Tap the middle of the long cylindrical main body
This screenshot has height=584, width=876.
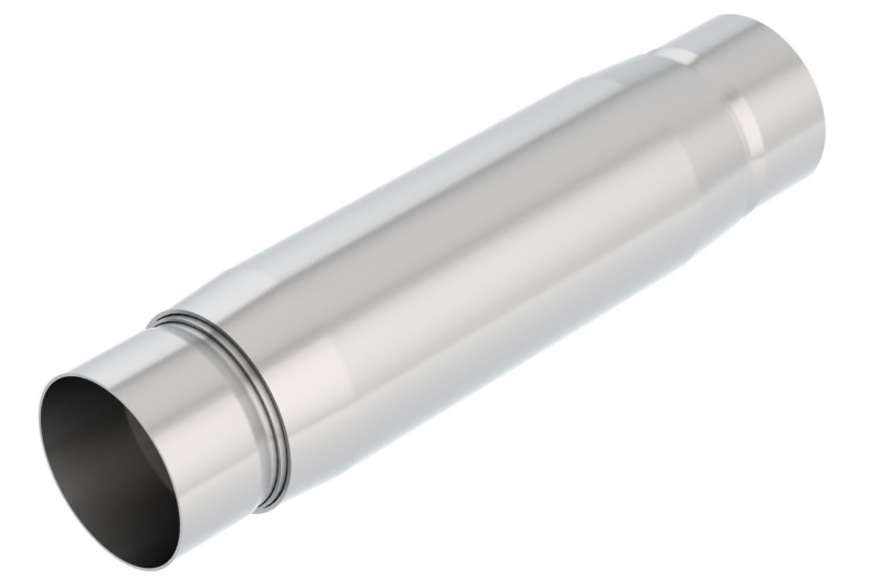point(465,260)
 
